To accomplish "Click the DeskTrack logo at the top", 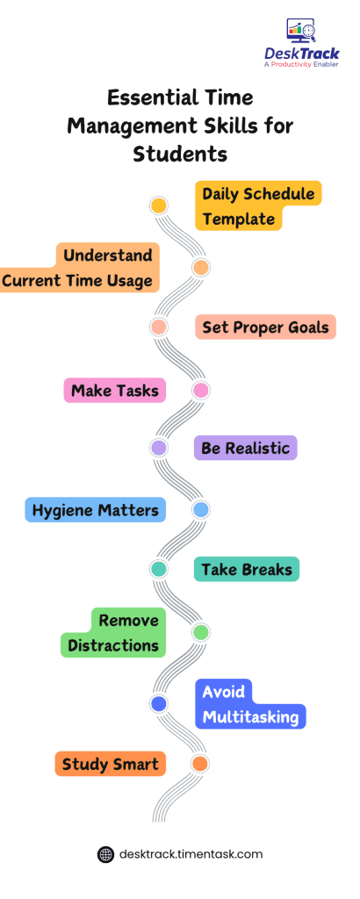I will click(301, 43).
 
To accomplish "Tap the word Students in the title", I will click(180, 154).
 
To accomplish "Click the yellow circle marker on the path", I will click(159, 206).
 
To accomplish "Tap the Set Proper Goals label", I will click(264, 327).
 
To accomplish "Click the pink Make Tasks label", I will click(114, 390).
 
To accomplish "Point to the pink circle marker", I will click(200, 389).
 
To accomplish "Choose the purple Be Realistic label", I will click(245, 448).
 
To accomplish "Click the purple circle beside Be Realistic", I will click(159, 448).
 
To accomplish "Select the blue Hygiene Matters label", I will click(95, 509).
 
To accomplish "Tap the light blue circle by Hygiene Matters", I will click(200, 509).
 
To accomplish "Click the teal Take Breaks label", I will click(246, 569).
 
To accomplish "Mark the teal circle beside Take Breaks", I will click(159, 569).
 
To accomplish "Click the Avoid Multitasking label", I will click(250, 704).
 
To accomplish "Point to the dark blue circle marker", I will click(159, 703).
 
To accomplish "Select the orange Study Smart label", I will click(110, 764).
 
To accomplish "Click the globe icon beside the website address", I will click(105, 853).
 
